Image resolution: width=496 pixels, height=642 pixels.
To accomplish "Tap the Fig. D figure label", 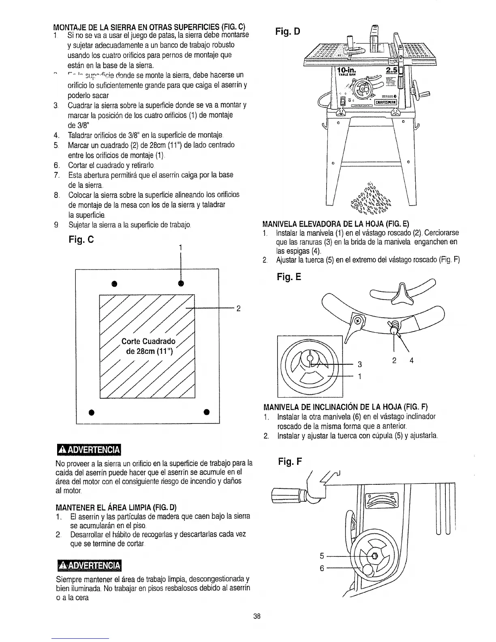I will coord(287,31).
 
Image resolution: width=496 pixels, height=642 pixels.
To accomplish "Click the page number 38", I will coord(256,616).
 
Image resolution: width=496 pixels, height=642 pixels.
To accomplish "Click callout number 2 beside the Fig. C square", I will coord(239,308).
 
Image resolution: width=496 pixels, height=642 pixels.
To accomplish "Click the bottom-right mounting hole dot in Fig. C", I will coord(206,412).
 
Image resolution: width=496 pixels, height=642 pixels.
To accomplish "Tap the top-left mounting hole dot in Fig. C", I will coord(115,283).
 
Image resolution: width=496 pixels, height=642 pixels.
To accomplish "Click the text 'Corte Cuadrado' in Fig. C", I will coord(149,341).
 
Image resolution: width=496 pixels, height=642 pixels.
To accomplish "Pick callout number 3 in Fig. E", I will coord(359,364).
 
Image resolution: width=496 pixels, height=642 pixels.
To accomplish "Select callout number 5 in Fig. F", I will coord(322,555).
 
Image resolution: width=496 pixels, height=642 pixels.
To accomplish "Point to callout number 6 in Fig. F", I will coord(322,568).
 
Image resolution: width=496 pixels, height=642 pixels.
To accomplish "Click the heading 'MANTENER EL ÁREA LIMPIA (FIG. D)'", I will coord(116,507).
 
